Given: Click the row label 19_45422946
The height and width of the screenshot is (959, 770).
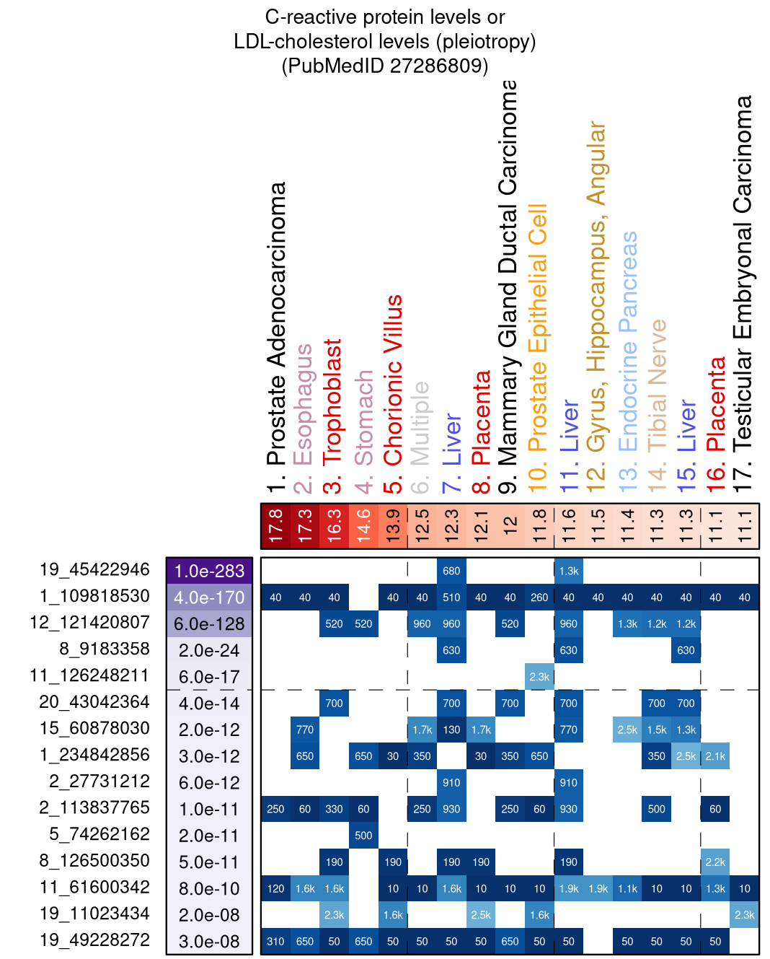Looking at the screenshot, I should (x=94, y=570).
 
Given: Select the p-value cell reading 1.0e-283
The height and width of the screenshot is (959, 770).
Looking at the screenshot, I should (x=209, y=571).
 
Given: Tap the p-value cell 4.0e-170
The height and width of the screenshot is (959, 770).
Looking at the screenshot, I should (x=209, y=597).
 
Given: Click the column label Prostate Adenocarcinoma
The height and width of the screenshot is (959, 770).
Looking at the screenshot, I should (x=276, y=336).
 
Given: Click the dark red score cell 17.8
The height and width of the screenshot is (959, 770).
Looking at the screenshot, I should (x=275, y=526).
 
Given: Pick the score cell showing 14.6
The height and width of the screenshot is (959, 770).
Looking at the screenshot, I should (x=363, y=526).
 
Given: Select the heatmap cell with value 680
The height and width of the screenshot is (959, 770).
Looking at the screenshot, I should (x=451, y=571).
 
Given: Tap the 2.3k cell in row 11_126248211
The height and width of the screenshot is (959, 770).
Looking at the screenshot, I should (x=539, y=677).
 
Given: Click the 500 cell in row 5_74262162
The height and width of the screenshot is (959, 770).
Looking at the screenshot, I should (x=363, y=836).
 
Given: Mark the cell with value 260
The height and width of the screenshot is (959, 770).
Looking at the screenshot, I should (x=539, y=597).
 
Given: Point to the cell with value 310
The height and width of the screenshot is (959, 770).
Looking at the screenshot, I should (x=275, y=942).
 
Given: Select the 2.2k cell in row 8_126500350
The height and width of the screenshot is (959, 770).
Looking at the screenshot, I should (x=715, y=862).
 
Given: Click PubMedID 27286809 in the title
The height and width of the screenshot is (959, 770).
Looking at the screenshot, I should (x=385, y=66).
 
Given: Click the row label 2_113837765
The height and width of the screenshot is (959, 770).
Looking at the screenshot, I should (x=94, y=808).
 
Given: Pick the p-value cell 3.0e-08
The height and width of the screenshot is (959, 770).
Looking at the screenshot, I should (x=209, y=942).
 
